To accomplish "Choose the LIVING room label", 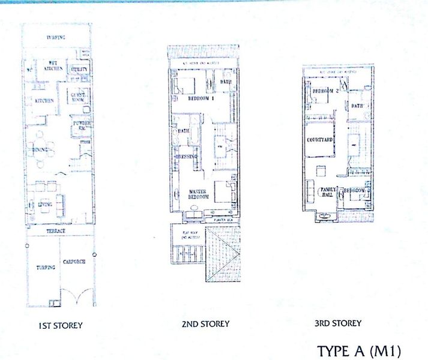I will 43,205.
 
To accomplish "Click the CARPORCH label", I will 76,267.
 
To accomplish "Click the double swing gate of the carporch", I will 75,295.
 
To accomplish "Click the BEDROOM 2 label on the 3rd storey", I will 327,90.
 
